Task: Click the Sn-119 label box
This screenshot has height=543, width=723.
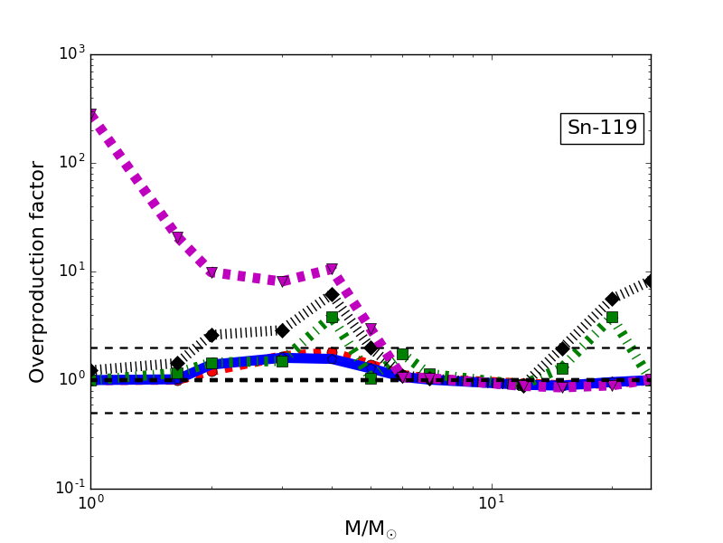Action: (x=602, y=129)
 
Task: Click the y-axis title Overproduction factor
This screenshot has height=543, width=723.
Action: (x=38, y=271)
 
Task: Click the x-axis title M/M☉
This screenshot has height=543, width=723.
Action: (x=371, y=529)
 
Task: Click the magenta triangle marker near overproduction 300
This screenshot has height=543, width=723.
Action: (x=91, y=116)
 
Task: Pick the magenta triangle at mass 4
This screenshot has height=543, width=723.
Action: (x=332, y=270)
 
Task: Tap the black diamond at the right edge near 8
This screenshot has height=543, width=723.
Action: (x=649, y=281)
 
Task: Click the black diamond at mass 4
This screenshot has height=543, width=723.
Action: (x=332, y=295)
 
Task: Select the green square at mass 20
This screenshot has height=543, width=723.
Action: (x=612, y=317)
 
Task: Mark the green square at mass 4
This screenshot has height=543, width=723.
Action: (x=332, y=317)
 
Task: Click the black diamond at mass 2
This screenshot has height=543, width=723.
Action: (x=211, y=335)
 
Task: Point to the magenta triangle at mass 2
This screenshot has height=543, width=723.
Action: (x=211, y=272)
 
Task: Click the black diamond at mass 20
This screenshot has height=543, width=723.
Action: (x=612, y=299)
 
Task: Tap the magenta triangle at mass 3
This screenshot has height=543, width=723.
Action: (x=282, y=281)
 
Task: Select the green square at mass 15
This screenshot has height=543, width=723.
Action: (x=562, y=368)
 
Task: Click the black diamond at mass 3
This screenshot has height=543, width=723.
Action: (x=282, y=330)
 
